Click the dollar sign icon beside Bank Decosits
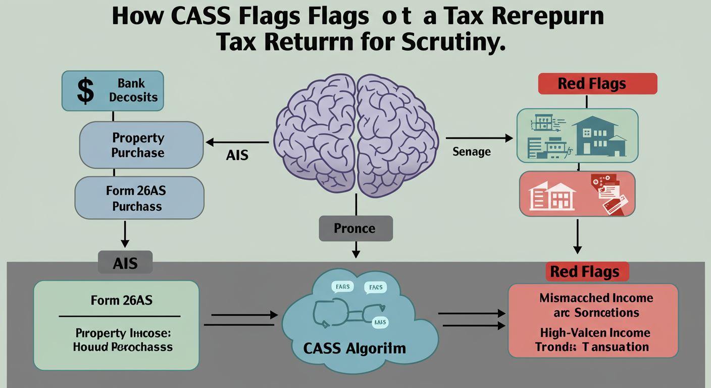85,91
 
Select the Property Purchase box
141,145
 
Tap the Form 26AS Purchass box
139,199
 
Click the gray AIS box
124,263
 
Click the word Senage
472,152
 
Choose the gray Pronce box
355,228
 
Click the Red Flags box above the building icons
597,84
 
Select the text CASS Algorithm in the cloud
354,349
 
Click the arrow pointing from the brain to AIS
237,142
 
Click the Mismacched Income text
596,298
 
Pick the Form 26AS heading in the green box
122,300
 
